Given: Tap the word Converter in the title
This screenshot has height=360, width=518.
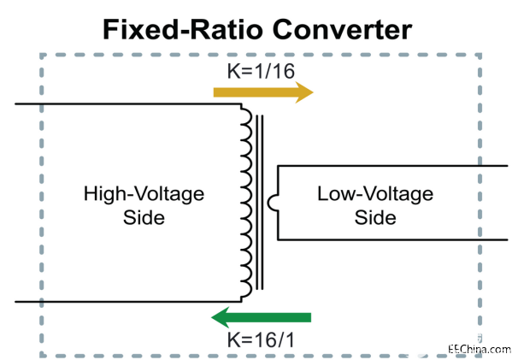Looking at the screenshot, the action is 342,29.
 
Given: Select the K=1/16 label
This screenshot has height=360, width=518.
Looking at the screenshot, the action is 261,71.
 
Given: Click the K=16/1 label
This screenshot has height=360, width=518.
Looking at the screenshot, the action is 261,339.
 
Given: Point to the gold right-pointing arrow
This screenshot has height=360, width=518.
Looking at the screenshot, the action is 263,92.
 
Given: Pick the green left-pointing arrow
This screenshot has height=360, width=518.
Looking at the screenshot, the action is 261,317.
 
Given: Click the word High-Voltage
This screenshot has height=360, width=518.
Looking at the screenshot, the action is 144,194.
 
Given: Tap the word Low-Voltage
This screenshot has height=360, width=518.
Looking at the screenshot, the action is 375,194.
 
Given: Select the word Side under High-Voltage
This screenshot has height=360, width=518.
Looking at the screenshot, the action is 144,218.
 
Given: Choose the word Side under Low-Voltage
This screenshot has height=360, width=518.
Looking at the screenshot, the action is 375,218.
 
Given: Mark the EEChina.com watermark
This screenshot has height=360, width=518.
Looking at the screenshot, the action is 480,350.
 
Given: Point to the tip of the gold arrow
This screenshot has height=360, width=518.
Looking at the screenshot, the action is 313,92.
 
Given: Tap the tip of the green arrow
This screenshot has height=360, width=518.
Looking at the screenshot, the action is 211,317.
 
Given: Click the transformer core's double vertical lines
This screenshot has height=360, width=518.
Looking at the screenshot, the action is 260,203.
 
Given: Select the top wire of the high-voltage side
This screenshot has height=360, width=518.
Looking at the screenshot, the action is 128,104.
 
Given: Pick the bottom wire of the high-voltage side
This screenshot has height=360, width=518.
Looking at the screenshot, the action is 128,302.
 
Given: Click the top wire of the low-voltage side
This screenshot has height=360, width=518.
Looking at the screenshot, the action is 392,166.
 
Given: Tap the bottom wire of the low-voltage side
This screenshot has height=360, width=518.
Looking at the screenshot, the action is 392,239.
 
